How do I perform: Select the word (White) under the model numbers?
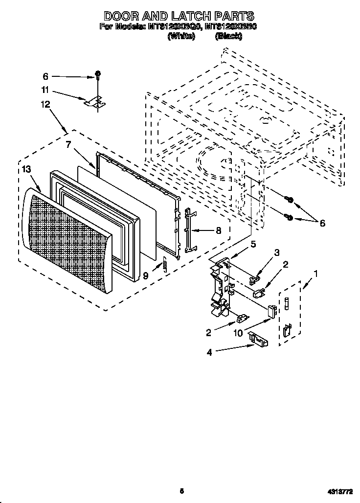(x=181, y=37)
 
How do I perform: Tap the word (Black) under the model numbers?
(x=227, y=37)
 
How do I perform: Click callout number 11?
(x=45, y=90)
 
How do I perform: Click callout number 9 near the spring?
(x=145, y=276)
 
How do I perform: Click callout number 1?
(x=315, y=274)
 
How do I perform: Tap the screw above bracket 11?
(x=98, y=75)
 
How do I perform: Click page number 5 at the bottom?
(x=181, y=490)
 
